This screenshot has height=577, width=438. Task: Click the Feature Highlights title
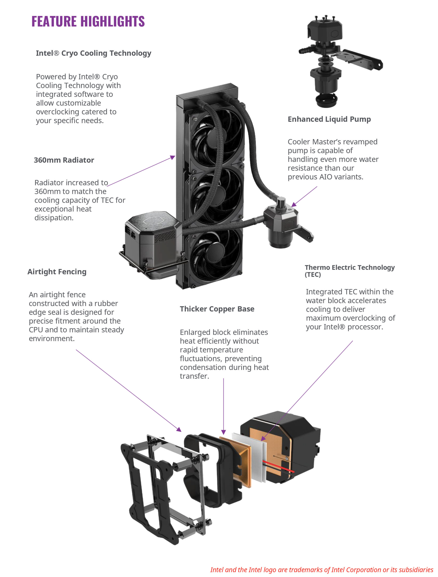tap(88, 21)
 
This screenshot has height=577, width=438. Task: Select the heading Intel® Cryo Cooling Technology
tap(93, 53)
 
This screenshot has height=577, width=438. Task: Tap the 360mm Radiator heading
tap(64, 160)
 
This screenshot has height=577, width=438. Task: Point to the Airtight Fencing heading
tap(57, 272)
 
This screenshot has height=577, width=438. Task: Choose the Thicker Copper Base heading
tap(217, 309)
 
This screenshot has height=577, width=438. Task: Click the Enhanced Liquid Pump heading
tap(329, 119)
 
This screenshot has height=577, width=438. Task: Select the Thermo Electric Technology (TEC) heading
tap(349, 271)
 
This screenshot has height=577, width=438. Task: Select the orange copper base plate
tap(236, 461)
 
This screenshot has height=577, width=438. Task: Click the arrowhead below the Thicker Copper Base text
tap(223, 432)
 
